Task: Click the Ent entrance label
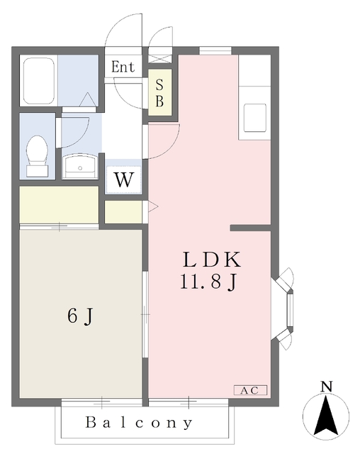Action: point(123,67)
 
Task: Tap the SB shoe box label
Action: point(159,93)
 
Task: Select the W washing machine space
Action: point(123,179)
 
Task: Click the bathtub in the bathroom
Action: point(39,81)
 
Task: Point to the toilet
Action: point(37,156)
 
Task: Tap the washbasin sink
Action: point(80,167)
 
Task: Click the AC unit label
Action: point(250,390)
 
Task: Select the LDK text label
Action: point(212,260)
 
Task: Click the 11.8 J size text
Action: point(209,282)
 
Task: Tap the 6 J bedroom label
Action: point(80,316)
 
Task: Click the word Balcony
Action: point(139,423)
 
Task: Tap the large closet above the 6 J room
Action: point(59,204)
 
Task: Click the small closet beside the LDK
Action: point(123,212)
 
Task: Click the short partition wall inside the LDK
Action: point(250,228)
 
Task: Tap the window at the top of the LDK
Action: point(215,50)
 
